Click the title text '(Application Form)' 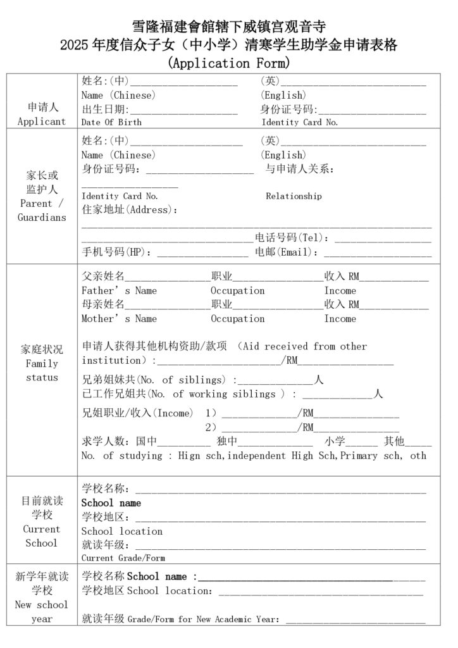228,63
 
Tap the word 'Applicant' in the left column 42,121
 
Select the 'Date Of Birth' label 111,122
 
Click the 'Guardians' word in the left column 42,218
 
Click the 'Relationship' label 294,196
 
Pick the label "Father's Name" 119,290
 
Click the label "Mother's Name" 119,318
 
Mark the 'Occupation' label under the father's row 237,290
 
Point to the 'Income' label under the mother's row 340,318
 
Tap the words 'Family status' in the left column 42,371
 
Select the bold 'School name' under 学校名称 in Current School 111,503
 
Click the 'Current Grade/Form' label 123,558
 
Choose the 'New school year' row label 42,611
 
